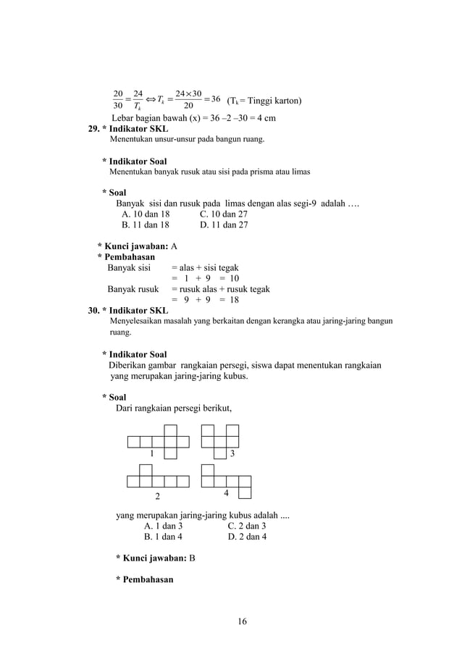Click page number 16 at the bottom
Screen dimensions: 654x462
(x=242, y=621)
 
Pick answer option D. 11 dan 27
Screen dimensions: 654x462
(x=224, y=225)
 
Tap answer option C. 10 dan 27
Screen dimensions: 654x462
(x=224, y=214)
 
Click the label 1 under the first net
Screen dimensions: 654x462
(x=151, y=453)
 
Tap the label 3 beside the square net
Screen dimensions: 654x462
(x=232, y=453)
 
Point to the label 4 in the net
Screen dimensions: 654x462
(x=226, y=492)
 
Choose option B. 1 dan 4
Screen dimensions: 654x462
(x=163, y=537)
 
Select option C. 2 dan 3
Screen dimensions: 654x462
(x=247, y=526)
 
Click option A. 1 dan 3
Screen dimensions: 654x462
(x=163, y=526)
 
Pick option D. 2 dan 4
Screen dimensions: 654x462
(x=247, y=537)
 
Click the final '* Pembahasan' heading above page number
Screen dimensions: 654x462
(x=145, y=579)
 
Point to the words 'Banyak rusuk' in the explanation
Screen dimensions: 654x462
(x=133, y=289)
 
